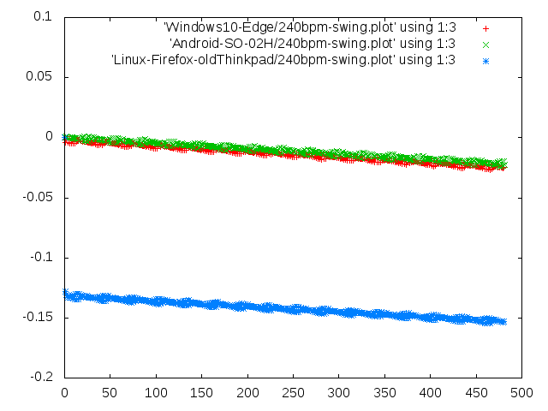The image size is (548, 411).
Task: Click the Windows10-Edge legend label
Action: [309, 27]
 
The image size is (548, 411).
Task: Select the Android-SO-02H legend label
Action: [313, 44]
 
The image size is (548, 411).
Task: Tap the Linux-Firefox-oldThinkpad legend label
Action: [283, 60]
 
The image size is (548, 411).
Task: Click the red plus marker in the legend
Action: [485, 27]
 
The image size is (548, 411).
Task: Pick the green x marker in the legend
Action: [485, 44]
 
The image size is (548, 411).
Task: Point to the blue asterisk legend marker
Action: [485, 60]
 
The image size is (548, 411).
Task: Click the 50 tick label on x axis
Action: [110, 393]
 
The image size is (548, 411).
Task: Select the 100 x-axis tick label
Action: [156, 393]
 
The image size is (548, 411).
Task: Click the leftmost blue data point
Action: [66, 294]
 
